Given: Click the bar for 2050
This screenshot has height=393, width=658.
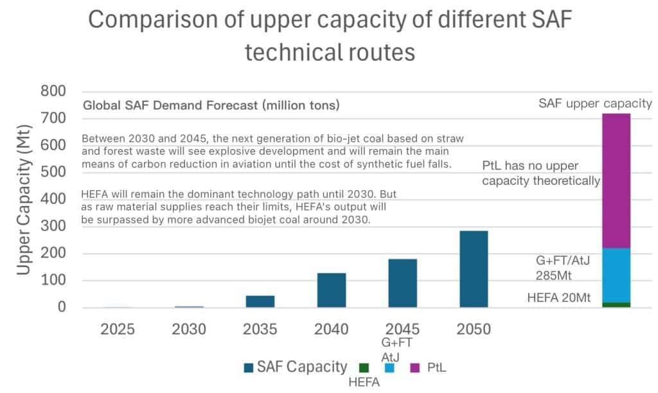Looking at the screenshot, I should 473,269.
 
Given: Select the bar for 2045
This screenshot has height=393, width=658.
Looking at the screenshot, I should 402,283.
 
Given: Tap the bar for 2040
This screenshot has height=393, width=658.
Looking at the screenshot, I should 332,290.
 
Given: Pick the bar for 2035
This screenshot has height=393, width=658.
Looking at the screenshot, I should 260,301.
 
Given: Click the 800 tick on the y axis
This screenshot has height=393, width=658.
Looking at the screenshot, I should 53,92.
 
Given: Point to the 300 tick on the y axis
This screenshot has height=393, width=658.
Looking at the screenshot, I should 53,227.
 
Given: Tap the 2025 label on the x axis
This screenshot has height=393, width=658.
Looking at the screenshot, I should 118,329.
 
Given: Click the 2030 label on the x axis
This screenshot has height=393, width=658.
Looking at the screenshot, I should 189,329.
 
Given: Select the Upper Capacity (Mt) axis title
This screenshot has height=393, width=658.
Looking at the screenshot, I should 24,199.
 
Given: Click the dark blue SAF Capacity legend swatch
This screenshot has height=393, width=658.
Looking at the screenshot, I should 249,368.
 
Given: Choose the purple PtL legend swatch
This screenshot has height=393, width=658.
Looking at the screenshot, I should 414,368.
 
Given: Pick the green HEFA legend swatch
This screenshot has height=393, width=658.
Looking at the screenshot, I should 364,368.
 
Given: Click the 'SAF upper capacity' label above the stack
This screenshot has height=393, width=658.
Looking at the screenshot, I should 595,103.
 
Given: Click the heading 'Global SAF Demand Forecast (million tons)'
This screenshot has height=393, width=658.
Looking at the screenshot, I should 211,105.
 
